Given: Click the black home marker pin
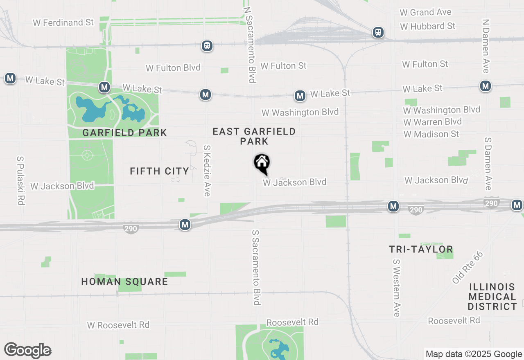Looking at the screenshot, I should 262,164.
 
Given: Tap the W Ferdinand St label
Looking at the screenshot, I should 63,22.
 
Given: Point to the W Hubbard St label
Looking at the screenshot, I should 428,26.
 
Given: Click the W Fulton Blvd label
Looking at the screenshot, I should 173,67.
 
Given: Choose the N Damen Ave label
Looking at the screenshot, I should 486,46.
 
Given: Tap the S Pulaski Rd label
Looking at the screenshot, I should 20,180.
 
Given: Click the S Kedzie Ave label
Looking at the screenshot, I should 207,171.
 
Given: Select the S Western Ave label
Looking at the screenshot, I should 396,287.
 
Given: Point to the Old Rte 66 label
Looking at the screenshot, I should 468,268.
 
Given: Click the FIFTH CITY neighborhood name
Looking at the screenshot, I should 159,171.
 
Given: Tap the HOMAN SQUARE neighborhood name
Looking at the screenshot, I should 124,281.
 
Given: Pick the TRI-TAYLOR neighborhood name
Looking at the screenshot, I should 421,249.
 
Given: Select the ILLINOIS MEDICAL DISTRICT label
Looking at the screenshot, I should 492,297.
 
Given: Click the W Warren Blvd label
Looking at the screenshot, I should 432,122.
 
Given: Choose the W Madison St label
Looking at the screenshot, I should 431,134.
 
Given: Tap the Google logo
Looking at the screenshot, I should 27,350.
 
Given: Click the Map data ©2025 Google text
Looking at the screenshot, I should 474,354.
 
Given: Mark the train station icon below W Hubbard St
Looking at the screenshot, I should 378,32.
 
